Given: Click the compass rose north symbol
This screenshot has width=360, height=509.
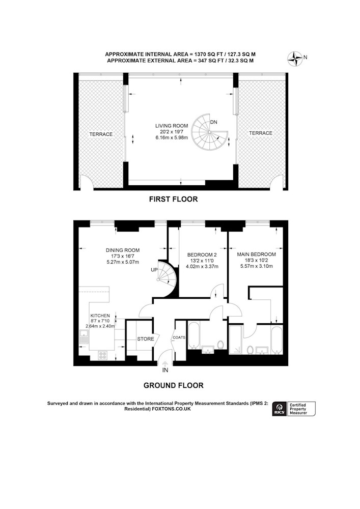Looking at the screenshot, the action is click(x=295, y=59).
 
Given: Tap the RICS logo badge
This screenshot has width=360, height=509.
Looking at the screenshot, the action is click(x=279, y=408).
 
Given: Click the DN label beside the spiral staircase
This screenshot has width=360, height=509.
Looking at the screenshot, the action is click(x=213, y=122).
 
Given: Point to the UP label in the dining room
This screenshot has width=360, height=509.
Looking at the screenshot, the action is click(x=154, y=270).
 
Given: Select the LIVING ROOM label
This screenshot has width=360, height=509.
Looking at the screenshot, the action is click(x=172, y=126).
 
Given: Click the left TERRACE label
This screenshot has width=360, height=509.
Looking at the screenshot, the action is click(x=101, y=134).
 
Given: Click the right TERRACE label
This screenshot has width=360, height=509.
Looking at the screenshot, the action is click(x=261, y=133).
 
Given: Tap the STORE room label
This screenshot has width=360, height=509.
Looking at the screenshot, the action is click(x=146, y=339).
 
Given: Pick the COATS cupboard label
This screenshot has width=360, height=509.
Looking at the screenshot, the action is click(x=179, y=337).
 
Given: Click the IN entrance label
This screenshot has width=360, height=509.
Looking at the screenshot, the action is click(x=165, y=370).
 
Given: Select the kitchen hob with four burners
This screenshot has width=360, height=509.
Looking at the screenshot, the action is click(x=102, y=355).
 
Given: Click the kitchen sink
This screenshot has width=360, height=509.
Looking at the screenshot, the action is click(x=84, y=337).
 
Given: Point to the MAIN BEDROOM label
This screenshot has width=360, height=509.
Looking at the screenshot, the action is click(x=257, y=254).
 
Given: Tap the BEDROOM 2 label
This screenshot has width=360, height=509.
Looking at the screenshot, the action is click(x=202, y=255).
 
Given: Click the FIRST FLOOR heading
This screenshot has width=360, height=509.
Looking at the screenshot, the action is click(x=173, y=199).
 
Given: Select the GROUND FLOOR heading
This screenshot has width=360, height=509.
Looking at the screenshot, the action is click(x=173, y=385).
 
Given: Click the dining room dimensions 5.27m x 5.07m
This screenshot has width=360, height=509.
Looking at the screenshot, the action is click(x=123, y=262).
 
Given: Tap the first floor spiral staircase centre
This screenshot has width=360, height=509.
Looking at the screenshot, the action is click(x=209, y=132).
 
